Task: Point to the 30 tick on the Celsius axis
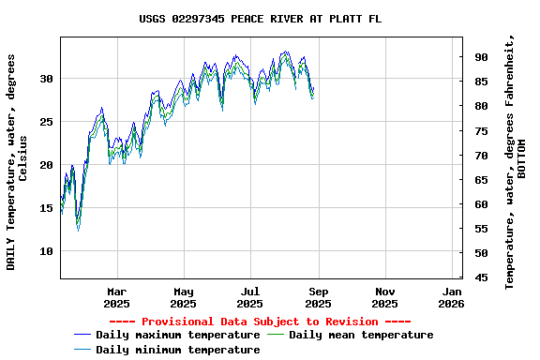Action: tap(46, 79)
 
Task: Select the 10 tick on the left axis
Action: tap(46, 251)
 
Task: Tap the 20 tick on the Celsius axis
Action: tap(46, 165)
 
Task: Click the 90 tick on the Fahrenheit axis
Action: tap(481, 57)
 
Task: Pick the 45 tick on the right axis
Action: tap(481, 277)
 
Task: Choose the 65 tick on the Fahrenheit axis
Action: tap(481, 180)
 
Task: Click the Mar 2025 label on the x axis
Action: tap(117, 297)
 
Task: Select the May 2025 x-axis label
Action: tap(184, 297)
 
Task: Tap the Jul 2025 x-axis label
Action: tap(250, 297)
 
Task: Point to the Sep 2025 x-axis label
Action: tap(318, 297)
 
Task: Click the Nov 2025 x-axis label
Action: tap(384, 297)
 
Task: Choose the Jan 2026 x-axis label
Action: tap(452, 297)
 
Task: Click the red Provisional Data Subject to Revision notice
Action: tap(260, 322)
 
